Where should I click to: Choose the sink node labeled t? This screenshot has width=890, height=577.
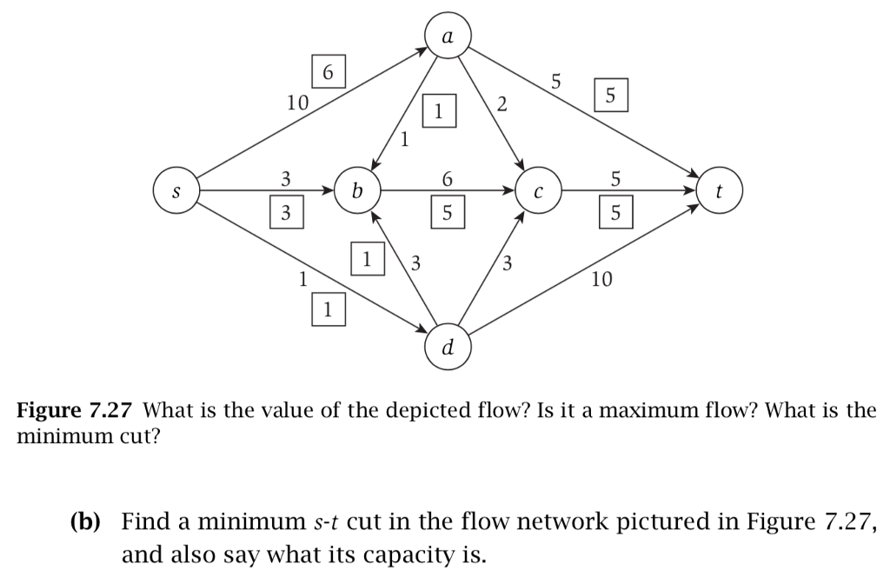721,190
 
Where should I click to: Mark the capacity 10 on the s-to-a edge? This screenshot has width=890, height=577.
297,103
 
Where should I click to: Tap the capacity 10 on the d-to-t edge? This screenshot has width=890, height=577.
601,280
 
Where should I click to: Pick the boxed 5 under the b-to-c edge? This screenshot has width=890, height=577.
448,211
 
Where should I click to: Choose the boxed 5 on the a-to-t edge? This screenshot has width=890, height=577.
610,96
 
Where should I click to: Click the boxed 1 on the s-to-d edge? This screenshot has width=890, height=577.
328,308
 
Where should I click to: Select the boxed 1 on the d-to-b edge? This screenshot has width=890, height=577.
368,258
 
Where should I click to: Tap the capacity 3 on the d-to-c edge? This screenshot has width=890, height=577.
508,262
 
